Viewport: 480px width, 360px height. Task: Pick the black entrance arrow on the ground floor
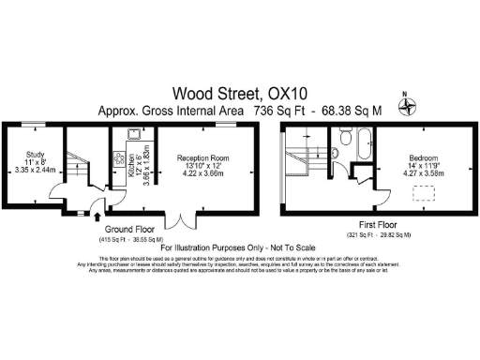tap(97, 218)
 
